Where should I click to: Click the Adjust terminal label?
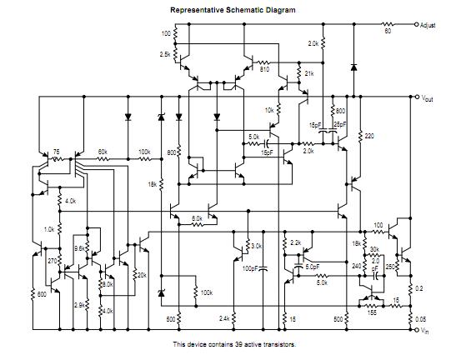click(434, 26)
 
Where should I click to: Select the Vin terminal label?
click(427, 331)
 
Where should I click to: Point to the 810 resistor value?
click(264, 69)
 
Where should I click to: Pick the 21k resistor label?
click(309, 74)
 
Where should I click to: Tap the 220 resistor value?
click(369, 133)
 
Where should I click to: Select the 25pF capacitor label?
click(340, 123)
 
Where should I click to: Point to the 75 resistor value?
click(57, 152)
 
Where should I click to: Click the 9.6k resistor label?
click(81, 248)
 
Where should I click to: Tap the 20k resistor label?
click(141, 276)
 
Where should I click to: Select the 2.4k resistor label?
click(224, 318)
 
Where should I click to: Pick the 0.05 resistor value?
click(419, 319)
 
